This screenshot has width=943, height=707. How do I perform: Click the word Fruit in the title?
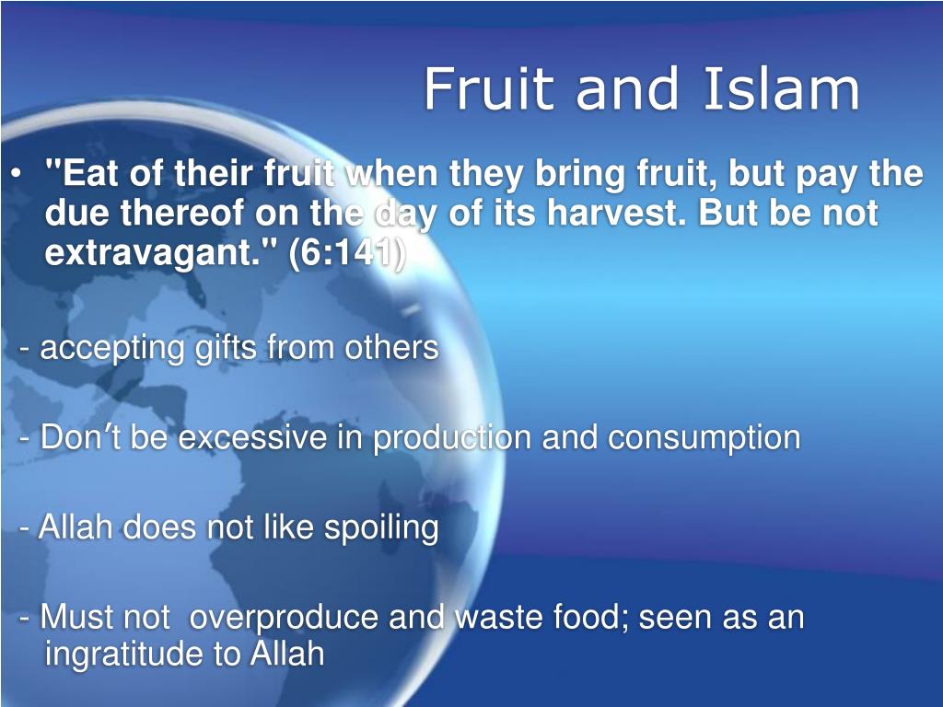[488, 88]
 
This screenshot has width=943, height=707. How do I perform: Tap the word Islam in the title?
[781, 88]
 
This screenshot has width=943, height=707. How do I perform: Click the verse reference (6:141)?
[347, 253]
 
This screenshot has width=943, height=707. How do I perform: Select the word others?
[390, 347]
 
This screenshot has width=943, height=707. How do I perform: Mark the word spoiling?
[381, 528]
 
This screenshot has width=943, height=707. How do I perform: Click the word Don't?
[80, 437]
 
